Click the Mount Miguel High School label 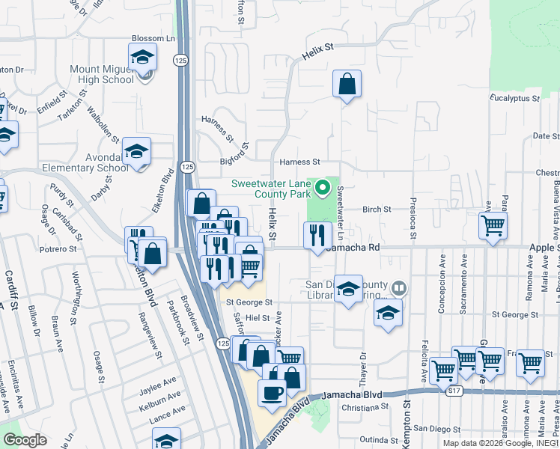click(101, 74)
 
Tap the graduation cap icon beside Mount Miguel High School click(141, 57)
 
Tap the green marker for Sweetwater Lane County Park click(323, 187)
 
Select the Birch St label click(377, 210)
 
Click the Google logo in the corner click(25, 440)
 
